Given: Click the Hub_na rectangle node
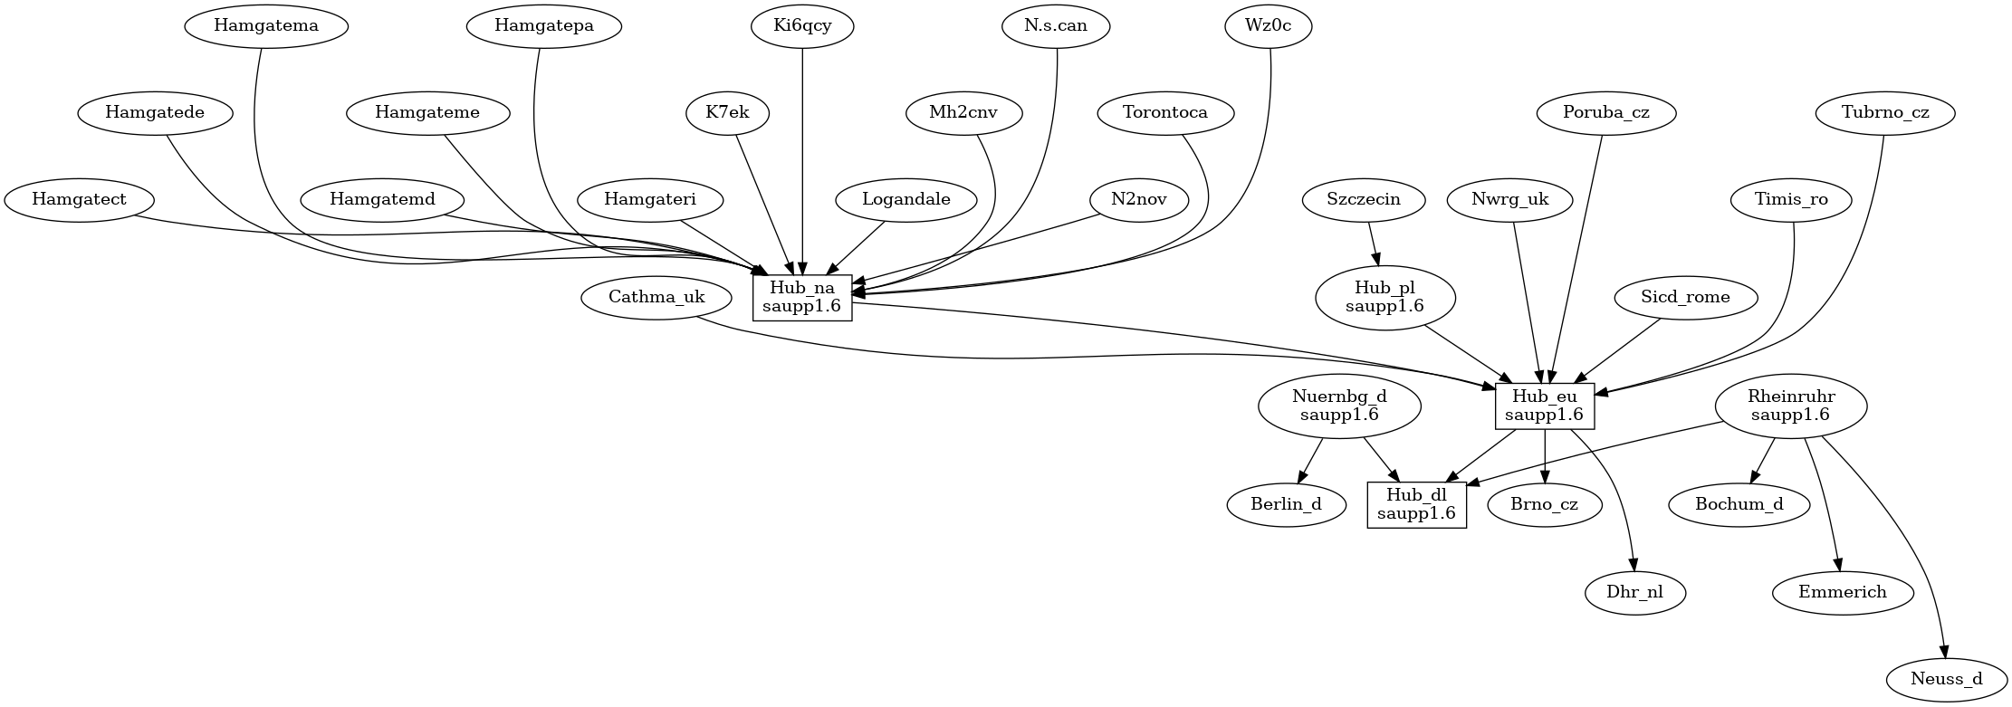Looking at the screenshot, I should (x=802, y=297).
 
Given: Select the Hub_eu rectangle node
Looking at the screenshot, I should (x=1544, y=406).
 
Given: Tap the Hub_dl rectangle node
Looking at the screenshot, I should (x=1416, y=504).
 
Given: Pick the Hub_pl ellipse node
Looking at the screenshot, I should (x=1384, y=297).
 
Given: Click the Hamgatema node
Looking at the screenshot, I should (x=266, y=25).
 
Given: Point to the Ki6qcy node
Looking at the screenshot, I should (x=802, y=25).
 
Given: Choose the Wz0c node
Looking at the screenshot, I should (x=1268, y=25).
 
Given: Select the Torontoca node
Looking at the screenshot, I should (x=1164, y=113).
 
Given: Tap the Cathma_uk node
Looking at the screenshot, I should (x=656, y=297).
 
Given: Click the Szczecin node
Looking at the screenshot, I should (x=1363, y=199).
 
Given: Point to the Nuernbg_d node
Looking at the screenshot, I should (x=1339, y=406).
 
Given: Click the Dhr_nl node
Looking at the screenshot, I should (x=1635, y=593).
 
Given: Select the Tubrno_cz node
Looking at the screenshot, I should (x=1885, y=113).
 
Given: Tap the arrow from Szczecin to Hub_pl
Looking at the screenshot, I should (x=1374, y=244).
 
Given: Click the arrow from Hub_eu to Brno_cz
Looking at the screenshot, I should (x=1544, y=457).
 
